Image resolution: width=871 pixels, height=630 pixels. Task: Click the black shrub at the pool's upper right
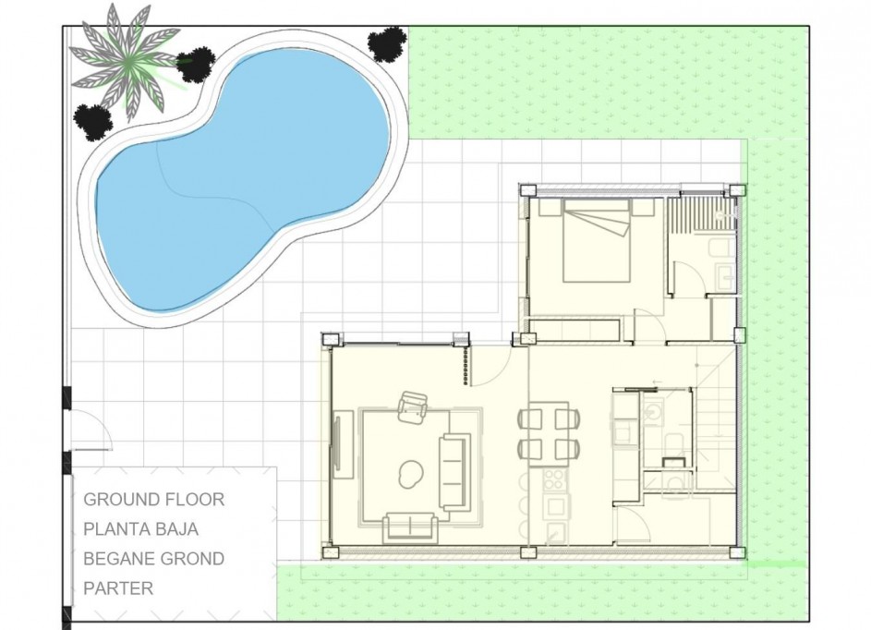pyautogui.click(x=386, y=43)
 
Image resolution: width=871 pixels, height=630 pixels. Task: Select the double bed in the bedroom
pyautogui.click(x=597, y=243)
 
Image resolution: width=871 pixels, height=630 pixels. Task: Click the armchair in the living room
pyautogui.click(x=413, y=406)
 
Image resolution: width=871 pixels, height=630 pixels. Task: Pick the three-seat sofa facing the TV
pyautogui.click(x=454, y=471)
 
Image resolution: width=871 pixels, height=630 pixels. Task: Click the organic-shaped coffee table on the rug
pyautogui.click(x=408, y=475)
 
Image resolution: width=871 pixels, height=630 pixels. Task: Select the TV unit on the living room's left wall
pyautogui.click(x=339, y=446)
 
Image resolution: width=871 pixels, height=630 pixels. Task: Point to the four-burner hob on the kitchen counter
pyautogui.click(x=556, y=479)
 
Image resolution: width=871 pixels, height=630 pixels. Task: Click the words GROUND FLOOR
pyautogui.click(x=154, y=500)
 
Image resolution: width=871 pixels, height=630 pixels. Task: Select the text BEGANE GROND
pyautogui.click(x=154, y=559)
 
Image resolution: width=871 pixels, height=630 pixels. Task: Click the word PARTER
pyautogui.click(x=118, y=588)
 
